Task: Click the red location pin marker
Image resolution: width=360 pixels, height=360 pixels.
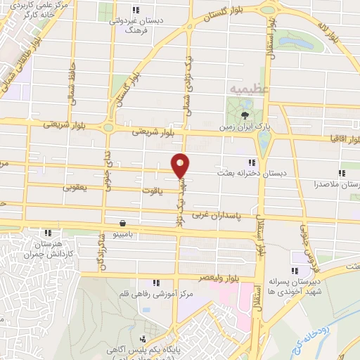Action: click(x=181, y=165)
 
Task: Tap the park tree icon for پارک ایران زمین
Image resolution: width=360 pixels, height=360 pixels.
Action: click(x=244, y=115)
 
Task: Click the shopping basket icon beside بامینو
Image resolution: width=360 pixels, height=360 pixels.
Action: click(x=124, y=218)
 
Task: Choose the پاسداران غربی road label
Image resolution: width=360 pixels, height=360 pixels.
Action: click(x=230, y=213)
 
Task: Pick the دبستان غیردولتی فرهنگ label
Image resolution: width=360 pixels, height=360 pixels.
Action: click(x=136, y=25)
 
